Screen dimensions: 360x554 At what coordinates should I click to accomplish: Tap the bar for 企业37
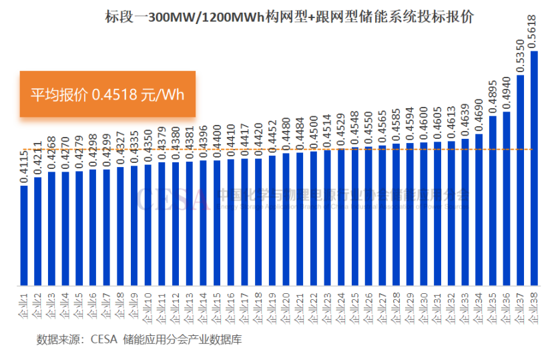click(520, 180)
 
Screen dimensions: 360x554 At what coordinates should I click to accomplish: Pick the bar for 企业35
click(493, 200)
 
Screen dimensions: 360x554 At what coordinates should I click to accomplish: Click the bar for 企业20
click(286, 220)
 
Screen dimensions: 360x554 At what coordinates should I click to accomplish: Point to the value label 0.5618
click(533, 31)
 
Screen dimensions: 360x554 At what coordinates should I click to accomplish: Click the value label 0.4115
click(24, 166)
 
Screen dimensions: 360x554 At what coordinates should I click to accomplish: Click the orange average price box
click(107, 94)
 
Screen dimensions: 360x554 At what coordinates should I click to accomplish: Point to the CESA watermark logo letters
click(174, 197)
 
